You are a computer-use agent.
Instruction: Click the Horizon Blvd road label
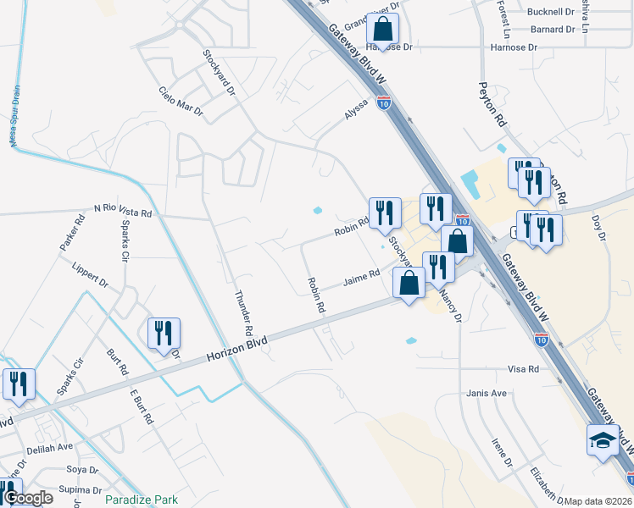point(237,349)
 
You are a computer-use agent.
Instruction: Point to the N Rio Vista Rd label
point(123,210)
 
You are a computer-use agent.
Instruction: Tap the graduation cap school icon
point(603,441)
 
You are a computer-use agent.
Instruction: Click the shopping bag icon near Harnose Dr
point(383,29)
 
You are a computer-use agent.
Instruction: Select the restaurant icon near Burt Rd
point(164,333)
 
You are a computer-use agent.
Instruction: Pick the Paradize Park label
point(141,500)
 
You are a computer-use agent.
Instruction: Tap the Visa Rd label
point(523,370)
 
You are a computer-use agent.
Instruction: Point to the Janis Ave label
point(486,394)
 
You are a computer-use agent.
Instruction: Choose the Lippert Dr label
point(91,273)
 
